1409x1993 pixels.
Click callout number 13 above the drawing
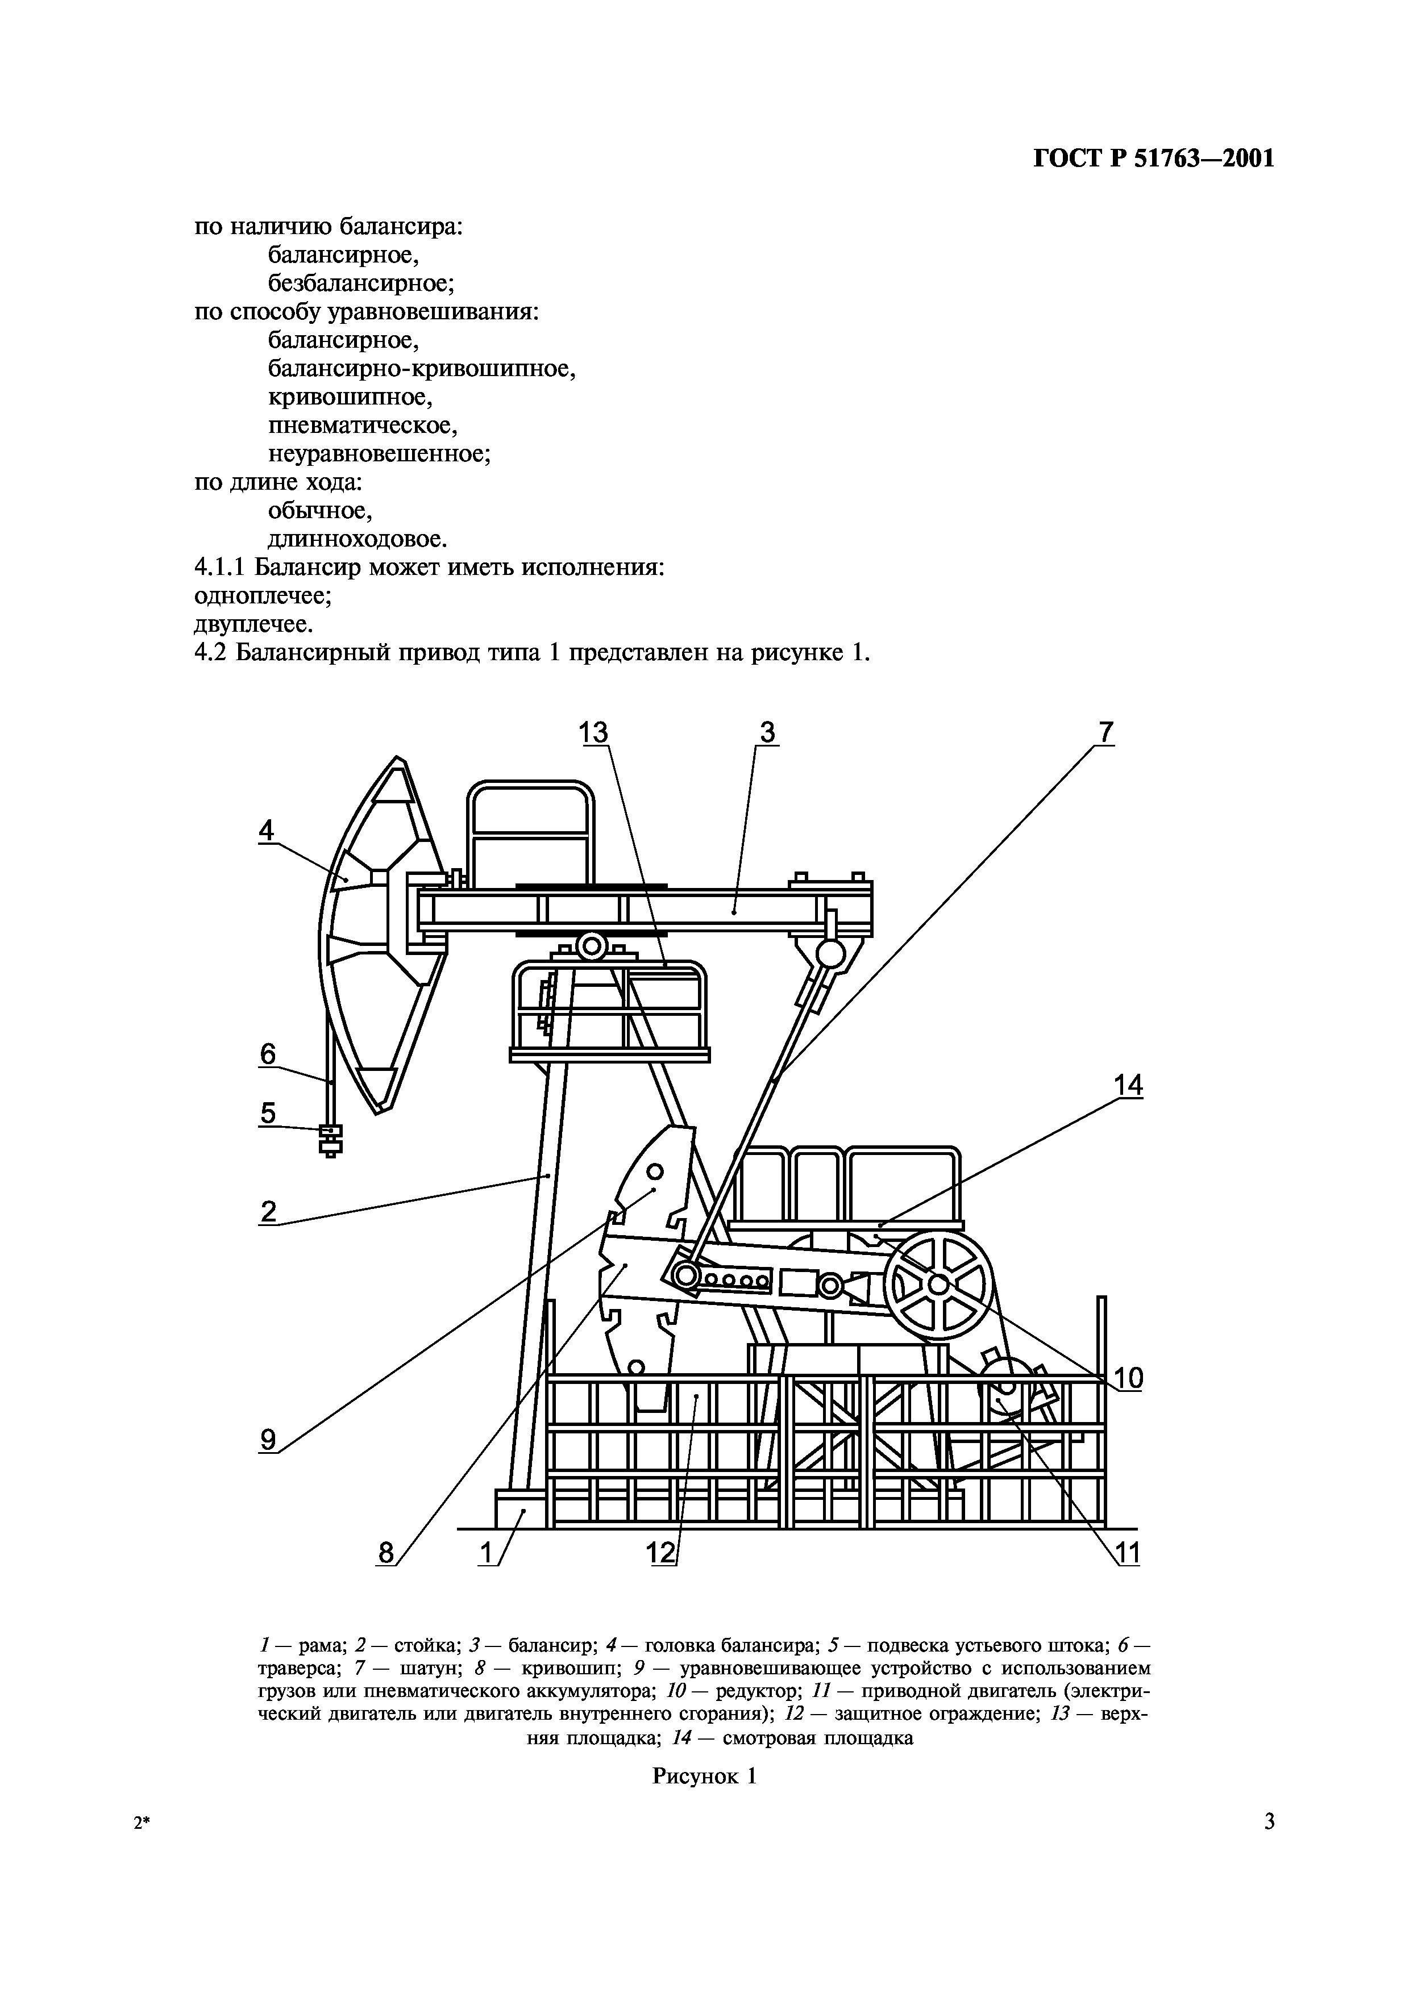595,733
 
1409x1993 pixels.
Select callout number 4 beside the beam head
267,831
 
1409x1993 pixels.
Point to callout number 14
1129,1085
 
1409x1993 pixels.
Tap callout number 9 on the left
268,1440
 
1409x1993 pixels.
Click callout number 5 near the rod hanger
267,1113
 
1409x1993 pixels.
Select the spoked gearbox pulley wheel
938,1283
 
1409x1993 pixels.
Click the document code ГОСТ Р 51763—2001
1154,159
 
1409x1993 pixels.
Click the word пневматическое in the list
362,426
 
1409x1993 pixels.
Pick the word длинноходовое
357,539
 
